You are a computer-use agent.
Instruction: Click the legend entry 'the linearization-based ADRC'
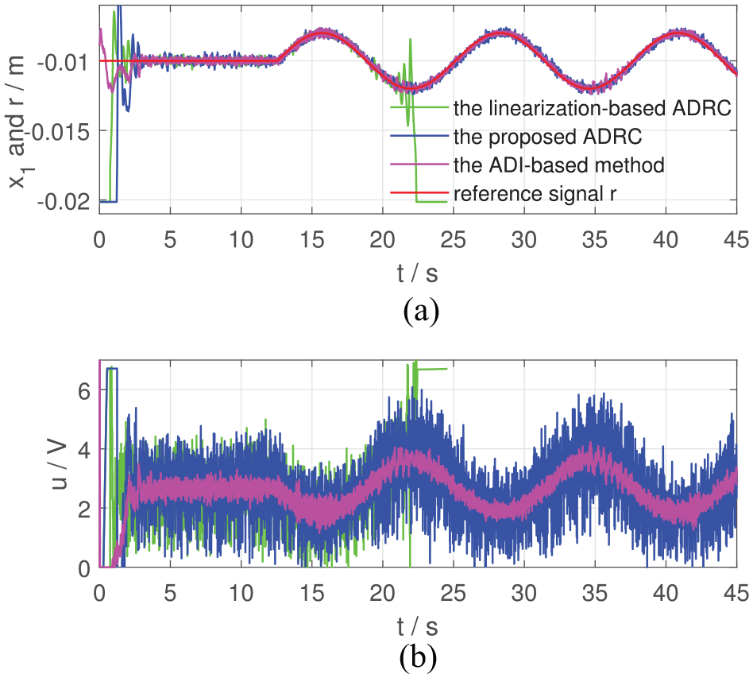[x=592, y=108]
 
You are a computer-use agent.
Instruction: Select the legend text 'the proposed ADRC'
[x=547, y=137]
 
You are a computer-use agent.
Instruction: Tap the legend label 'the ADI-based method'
[x=559, y=165]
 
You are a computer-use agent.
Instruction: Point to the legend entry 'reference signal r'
[x=535, y=194]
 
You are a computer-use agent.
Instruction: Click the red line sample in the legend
[x=419, y=193]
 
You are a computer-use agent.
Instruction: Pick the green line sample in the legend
[x=419, y=107]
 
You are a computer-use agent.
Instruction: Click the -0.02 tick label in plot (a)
[x=64, y=202]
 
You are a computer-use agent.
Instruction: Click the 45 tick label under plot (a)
[x=736, y=239]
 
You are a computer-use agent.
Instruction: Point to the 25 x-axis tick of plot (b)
[x=454, y=593]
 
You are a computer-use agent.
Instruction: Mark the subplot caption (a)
[x=421, y=312]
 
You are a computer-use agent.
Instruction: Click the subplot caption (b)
[x=418, y=657]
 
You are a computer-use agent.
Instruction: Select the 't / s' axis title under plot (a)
[x=418, y=273]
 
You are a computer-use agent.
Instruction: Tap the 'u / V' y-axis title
[x=60, y=465]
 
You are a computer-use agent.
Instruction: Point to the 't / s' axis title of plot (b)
[x=418, y=626]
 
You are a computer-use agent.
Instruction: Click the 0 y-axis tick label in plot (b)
[x=84, y=568]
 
